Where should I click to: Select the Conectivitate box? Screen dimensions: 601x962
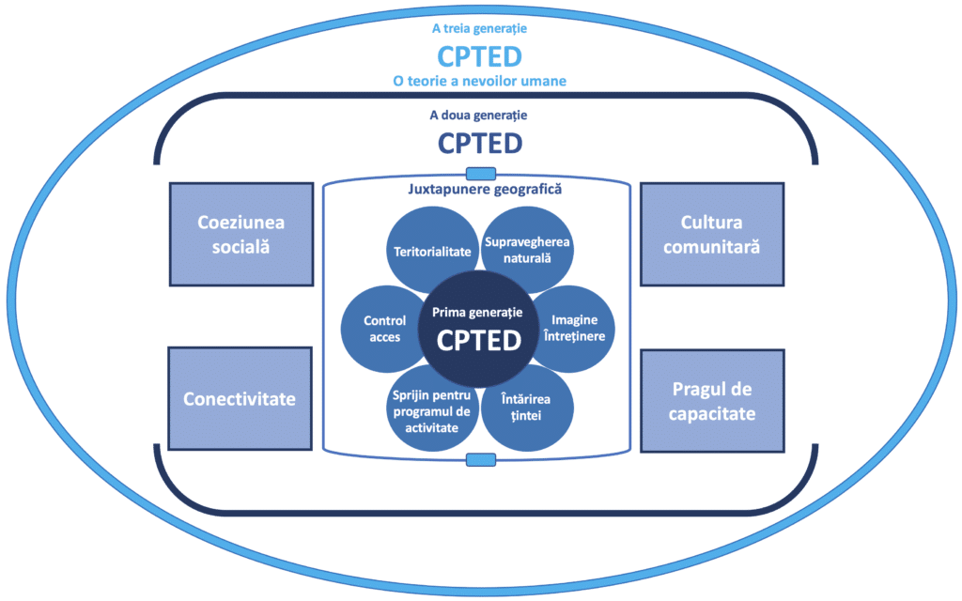[240, 398]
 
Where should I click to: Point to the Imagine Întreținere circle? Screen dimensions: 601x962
[575, 328]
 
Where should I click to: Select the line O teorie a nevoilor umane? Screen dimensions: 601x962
[479, 81]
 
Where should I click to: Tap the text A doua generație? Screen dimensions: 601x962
[479, 116]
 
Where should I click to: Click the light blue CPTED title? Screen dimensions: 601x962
[479, 55]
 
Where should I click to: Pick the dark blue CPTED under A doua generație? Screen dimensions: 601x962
[479, 142]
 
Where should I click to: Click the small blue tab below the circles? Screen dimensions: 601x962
[480, 459]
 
